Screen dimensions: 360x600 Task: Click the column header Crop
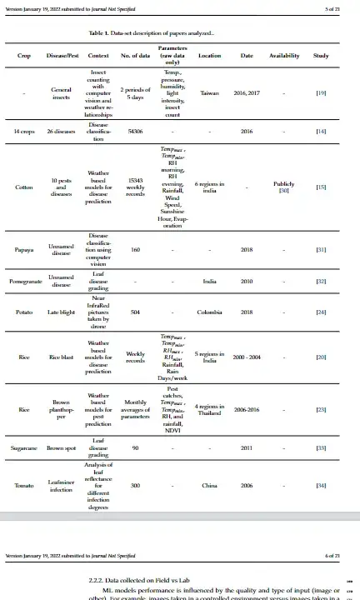24,56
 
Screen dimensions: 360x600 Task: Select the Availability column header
284,56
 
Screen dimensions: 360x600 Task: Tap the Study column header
321,56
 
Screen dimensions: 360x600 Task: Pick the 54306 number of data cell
135,132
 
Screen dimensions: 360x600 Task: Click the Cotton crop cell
24,187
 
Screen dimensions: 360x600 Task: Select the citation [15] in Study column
321,187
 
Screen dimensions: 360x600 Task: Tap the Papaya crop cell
24,250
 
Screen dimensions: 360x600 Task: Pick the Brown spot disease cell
61,447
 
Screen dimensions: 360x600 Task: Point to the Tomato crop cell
24,485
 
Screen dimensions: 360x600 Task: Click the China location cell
209,485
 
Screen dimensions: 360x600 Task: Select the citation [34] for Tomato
321,485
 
